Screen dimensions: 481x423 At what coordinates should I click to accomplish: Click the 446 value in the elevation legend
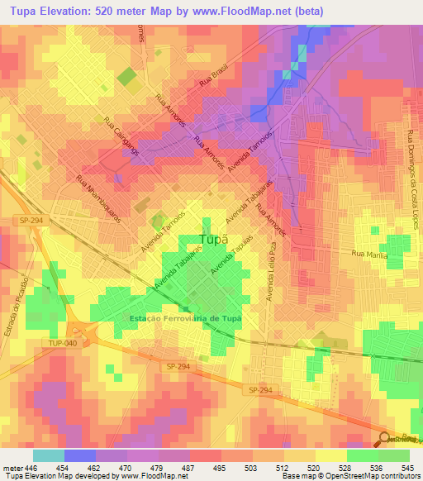(31, 467)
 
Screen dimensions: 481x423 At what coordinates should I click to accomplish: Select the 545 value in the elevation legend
(409, 467)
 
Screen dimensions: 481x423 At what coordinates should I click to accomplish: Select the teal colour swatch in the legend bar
(49, 455)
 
